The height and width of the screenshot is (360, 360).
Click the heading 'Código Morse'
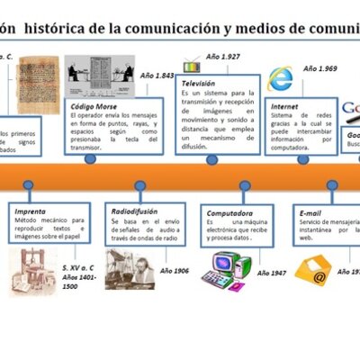pos(92,105)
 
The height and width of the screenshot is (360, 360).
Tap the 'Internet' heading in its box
pos(284,105)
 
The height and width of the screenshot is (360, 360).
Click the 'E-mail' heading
pos(310,212)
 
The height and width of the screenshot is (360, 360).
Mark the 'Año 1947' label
pos(273,273)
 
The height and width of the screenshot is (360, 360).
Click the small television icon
pos(192,65)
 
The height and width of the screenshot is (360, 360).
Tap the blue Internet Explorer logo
pos(281,78)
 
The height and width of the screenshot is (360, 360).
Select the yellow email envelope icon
pos(314,268)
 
